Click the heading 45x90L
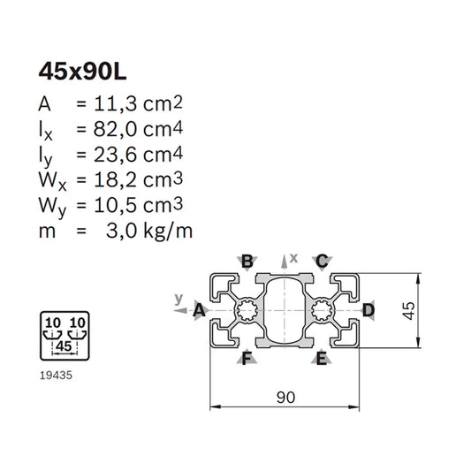(x=80, y=70)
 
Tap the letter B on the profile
(x=247, y=261)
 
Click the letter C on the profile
(x=323, y=261)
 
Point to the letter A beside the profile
(x=199, y=310)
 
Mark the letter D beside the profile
(x=368, y=310)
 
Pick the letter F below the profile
(x=247, y=358)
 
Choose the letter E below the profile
(x=323, y=358)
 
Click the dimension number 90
(x=285, y=398)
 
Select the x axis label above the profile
(x=294, y=256)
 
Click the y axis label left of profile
(x=178, y=298)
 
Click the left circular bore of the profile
(x=247, y=310)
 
